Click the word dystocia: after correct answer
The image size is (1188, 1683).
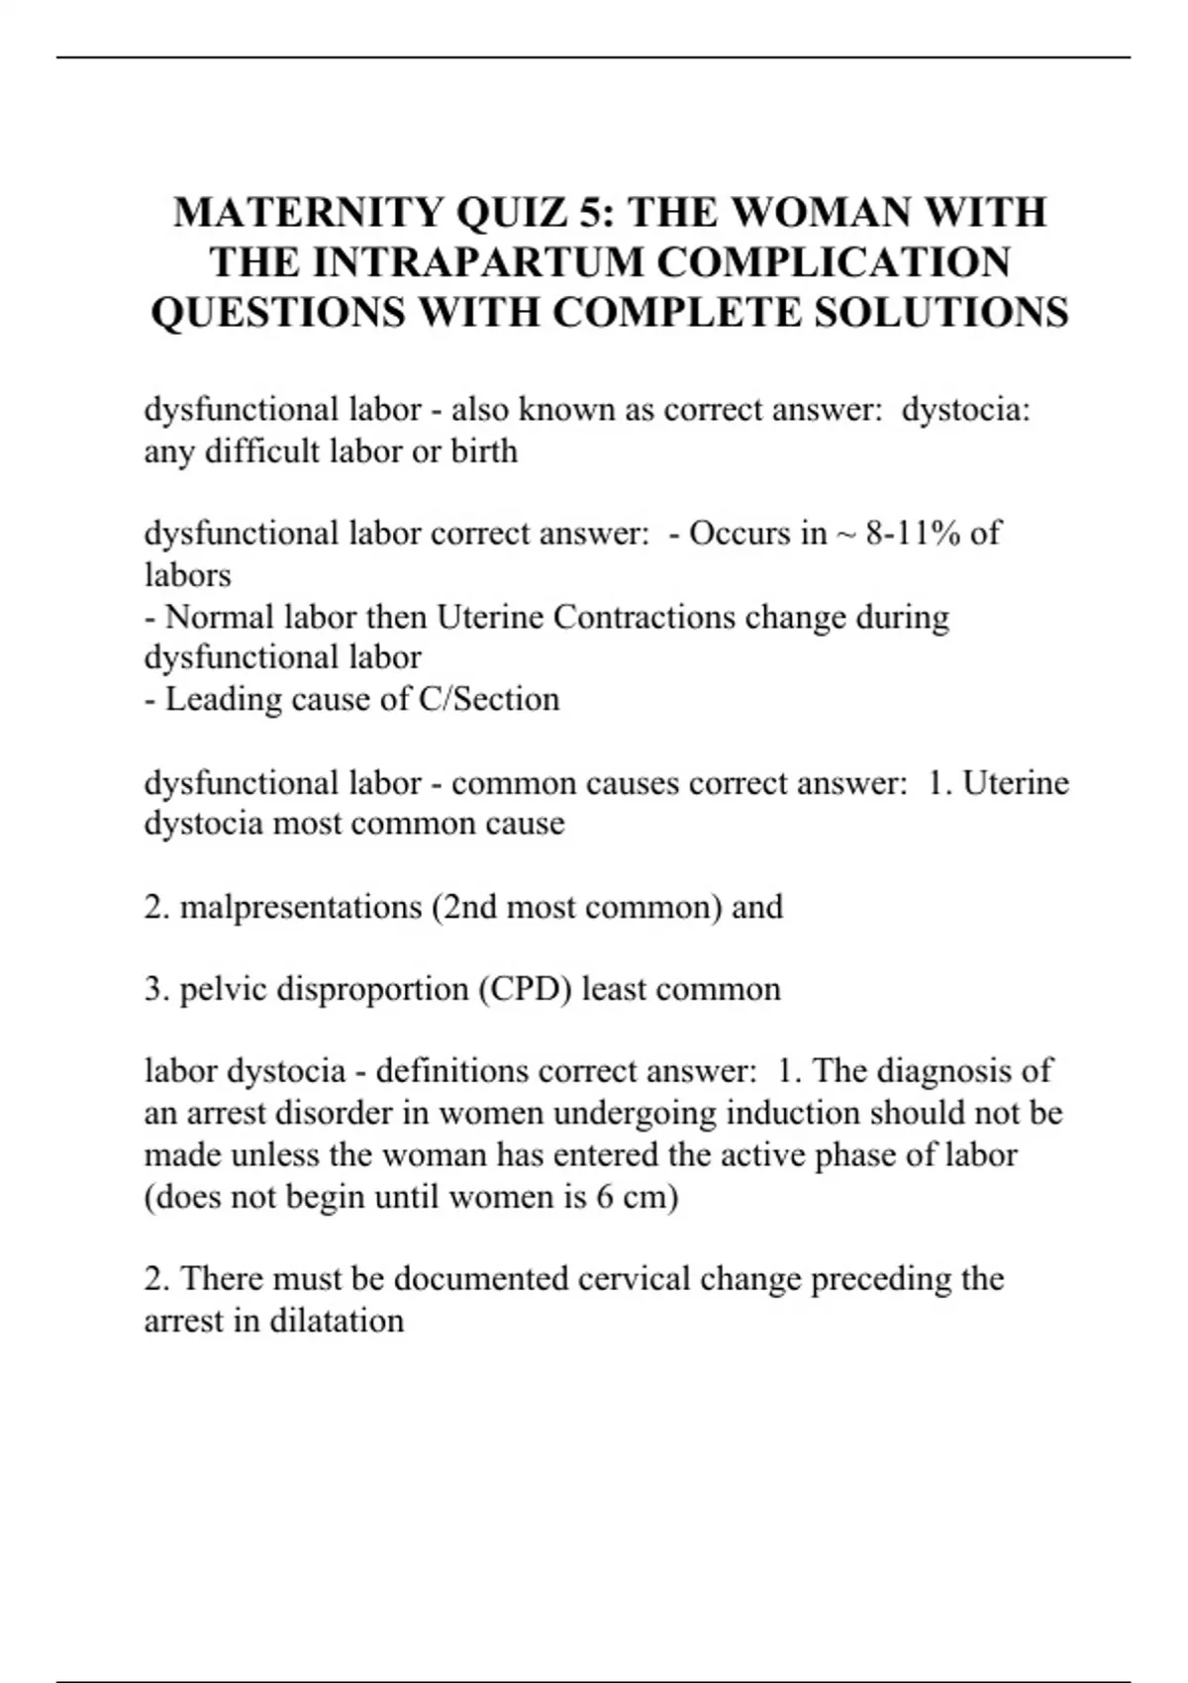point(966,410)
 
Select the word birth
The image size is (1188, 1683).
point(484,451)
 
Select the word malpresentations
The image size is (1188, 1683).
point(301,907)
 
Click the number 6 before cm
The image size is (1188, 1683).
point(605,1197)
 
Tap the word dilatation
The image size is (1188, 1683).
point(334,1321)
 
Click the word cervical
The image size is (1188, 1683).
point(635,1279)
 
